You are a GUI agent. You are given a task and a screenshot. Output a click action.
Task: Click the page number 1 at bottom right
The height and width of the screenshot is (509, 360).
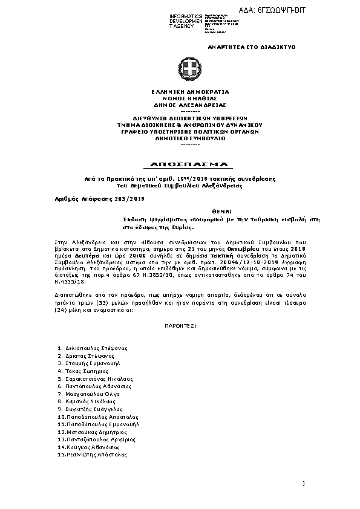click(x=304, y=482)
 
